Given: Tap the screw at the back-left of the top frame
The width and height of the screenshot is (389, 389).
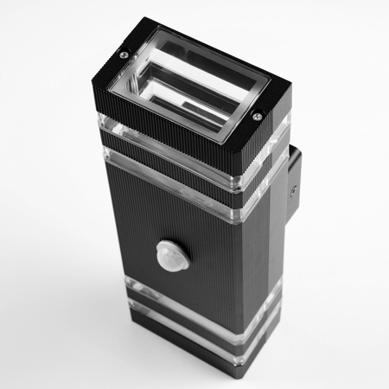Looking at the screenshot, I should (124, 55).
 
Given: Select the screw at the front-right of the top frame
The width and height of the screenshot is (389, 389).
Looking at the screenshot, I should (257, 117).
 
